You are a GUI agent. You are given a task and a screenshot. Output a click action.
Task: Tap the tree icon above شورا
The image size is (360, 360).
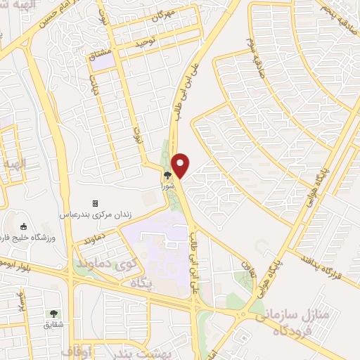(x=167, y=176)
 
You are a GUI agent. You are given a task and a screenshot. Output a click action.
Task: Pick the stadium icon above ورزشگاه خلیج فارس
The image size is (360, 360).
(x=23, y=226)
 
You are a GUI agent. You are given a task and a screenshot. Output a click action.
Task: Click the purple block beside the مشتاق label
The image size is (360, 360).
(x=105, y=62)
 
